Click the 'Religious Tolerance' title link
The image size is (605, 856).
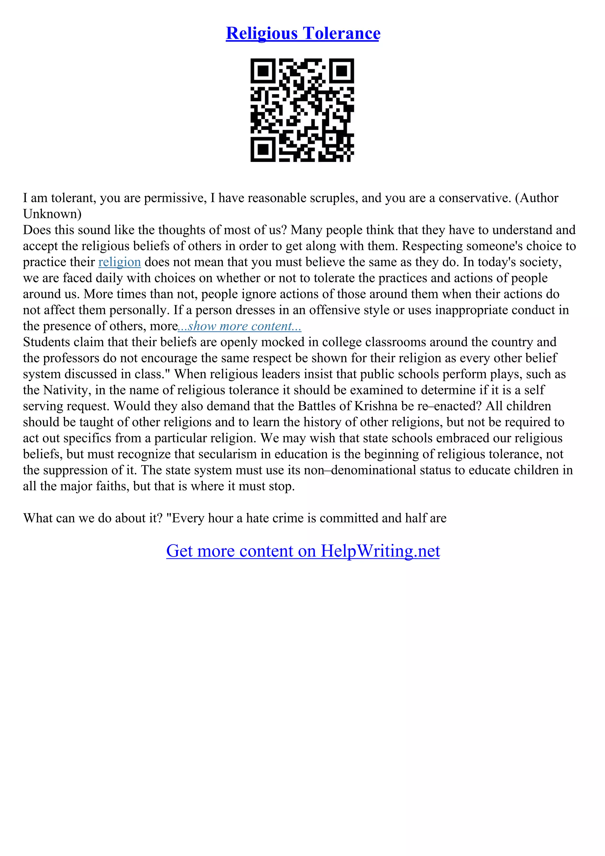click(303, 34)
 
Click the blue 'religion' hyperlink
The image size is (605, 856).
click(119, 262)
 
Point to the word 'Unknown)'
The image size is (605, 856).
click(52, 214)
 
